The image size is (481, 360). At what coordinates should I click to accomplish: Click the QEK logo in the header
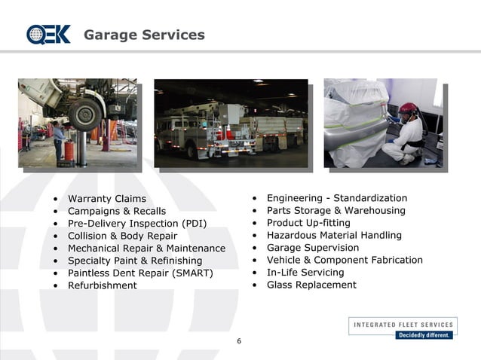coord(48,35)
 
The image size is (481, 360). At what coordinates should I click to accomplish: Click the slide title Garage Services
coord(144,35)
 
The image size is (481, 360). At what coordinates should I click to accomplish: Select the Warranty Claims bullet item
coord(106,199)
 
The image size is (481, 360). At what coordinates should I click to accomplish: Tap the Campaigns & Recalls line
coord(116,212)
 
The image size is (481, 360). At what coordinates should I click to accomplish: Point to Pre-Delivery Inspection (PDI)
coord(136,224)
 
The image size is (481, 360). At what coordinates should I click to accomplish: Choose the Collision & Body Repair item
coord(122,236)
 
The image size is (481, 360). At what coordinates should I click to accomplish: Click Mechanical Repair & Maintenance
coord(146,248)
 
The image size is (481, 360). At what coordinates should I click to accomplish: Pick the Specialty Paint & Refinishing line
coord(135,261)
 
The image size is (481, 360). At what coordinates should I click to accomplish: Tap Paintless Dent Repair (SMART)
coord(140,273)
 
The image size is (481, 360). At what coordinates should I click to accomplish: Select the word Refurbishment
coord(102,285)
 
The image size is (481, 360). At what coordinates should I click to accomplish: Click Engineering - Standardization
coord(336,198)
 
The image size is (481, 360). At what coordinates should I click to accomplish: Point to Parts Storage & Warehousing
coord(335,211)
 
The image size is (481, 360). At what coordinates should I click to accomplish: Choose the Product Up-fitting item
coord(308,223)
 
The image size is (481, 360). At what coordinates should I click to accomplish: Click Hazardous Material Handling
coord(334,235)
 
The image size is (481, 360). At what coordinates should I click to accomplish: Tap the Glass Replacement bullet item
coord(311,285)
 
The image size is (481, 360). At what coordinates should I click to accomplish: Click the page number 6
coord(239,341)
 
